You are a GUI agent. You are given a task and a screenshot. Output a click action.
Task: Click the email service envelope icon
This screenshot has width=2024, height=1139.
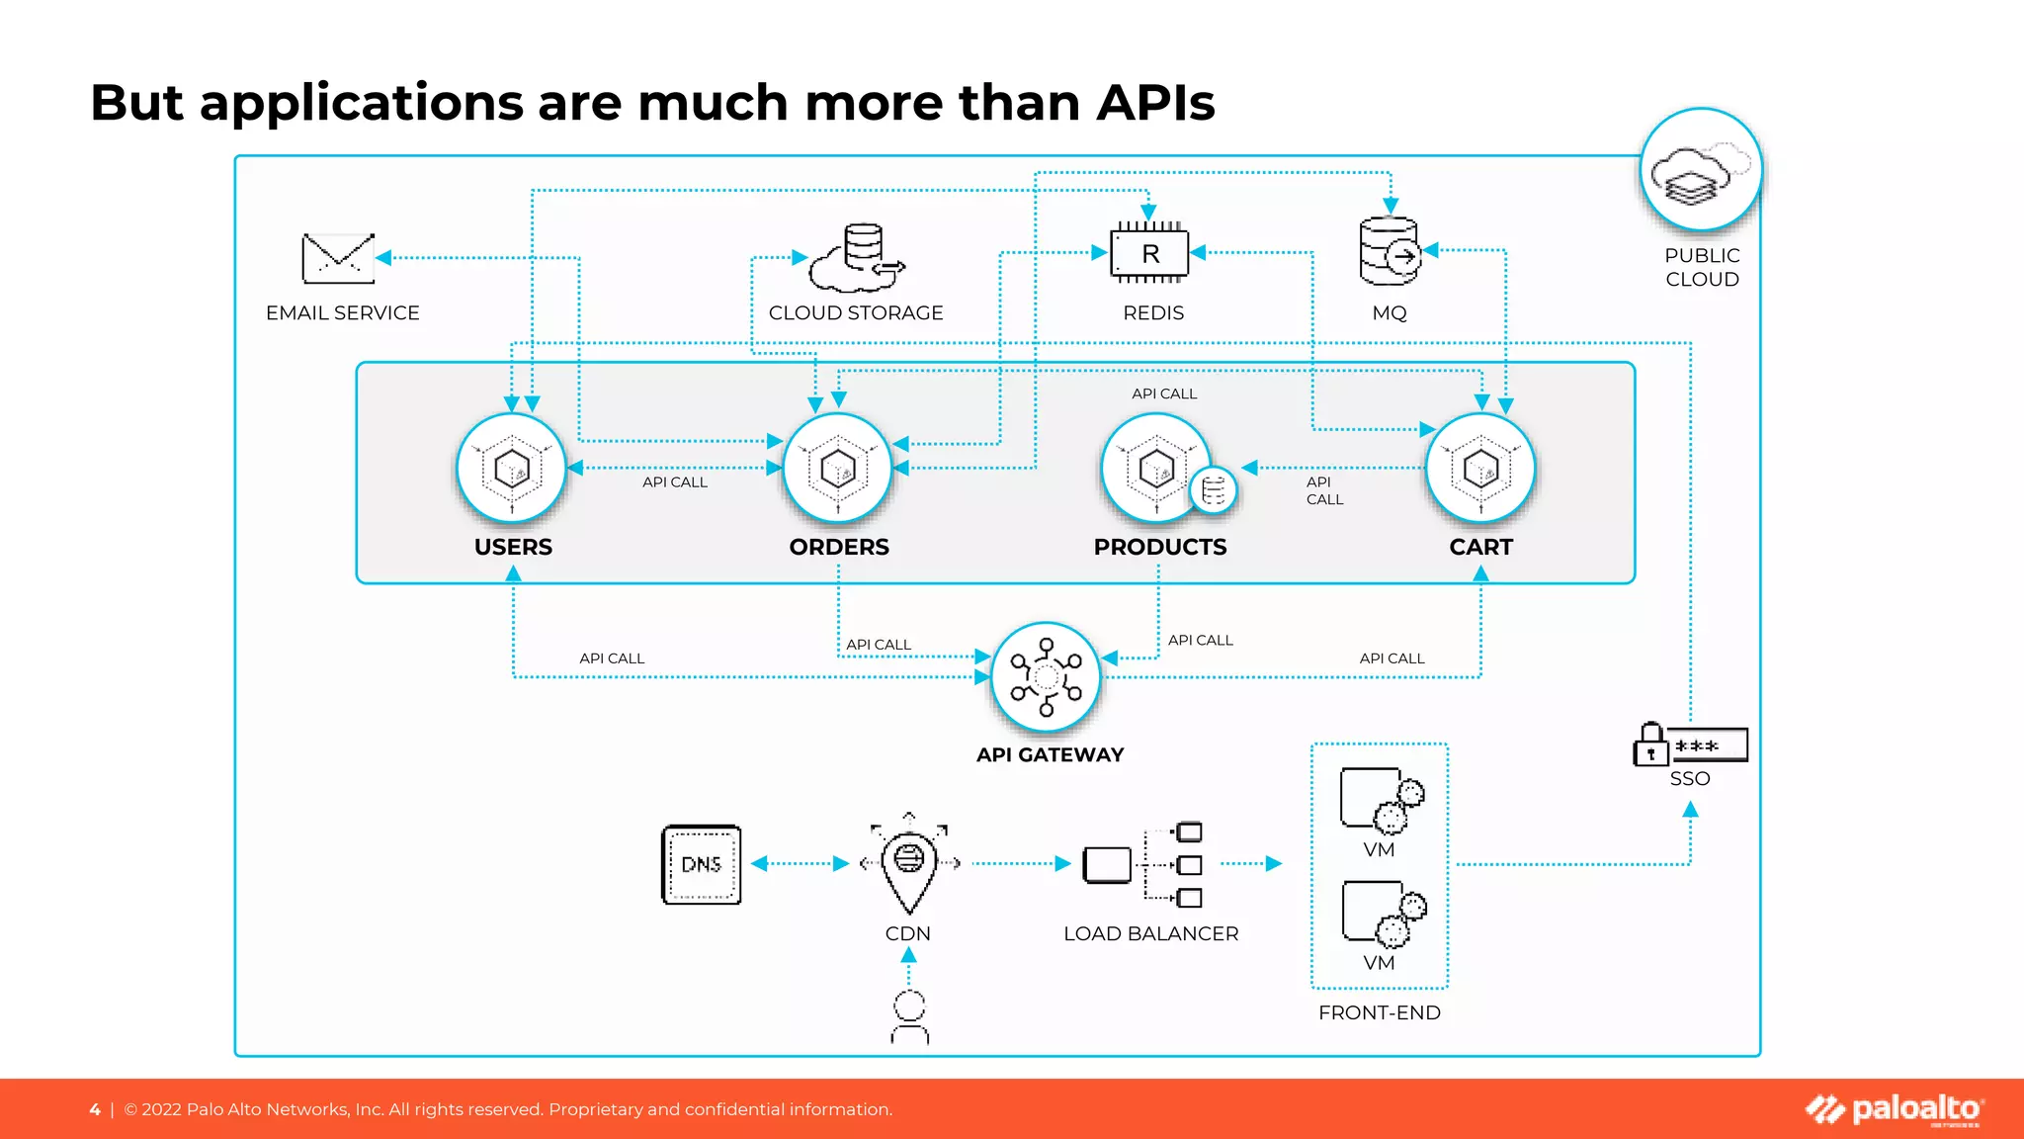click(338, 258)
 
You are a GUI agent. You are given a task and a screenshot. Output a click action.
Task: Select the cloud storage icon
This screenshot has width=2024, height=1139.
click(856, 258)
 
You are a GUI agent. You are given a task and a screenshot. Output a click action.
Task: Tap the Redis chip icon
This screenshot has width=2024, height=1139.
click(1149, 254)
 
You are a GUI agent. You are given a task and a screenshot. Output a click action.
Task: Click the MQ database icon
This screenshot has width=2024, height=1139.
click(1389, 252)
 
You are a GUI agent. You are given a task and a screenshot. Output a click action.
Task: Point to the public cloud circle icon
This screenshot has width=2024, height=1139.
click(1700, 170)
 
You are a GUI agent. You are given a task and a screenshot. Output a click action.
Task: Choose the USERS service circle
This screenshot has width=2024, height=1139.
click(512, 469)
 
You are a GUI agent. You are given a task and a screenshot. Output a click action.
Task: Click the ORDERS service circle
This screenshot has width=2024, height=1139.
click(838, 469)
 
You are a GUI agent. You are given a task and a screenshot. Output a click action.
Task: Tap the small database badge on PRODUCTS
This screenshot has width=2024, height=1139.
click(1214, 490)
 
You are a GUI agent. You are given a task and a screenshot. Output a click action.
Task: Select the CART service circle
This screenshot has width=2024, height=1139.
click(1480, 469)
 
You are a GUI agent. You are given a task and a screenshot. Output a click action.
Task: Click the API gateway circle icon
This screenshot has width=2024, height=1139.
click(1046, 677)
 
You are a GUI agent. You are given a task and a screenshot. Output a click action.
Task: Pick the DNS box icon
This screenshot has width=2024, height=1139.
click(701, 864)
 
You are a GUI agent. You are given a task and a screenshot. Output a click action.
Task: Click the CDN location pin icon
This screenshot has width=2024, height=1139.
click(909, 863)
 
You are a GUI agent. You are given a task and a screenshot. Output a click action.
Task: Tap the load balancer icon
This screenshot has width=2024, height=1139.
click(1143, 864)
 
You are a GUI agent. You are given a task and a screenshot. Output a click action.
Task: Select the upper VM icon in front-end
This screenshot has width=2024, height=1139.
click(1381, 799)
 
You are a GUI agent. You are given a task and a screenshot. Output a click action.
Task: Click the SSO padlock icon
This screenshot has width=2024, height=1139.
click(1650, 745)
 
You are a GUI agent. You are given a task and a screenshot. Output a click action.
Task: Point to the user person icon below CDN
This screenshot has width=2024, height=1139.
click(909, 1017)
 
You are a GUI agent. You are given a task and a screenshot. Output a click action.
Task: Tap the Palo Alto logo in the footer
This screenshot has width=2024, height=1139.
click(1894, 1109)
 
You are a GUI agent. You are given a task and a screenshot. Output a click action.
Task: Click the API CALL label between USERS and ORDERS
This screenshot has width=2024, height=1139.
click(675, 482)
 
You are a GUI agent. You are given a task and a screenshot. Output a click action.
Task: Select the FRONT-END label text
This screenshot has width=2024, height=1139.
click(1379, 1012)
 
